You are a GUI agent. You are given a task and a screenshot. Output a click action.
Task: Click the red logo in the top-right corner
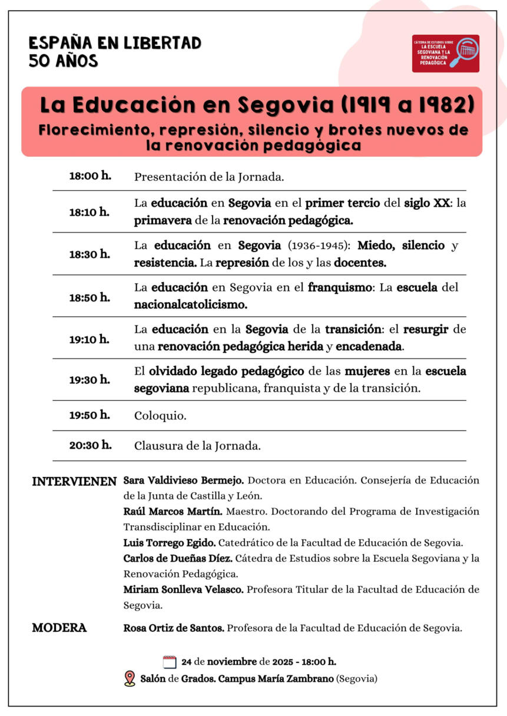445,54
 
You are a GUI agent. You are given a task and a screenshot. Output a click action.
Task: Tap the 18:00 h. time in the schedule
90,175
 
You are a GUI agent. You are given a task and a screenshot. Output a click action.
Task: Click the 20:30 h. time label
90,445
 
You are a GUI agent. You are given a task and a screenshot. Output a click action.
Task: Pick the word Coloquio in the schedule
160,416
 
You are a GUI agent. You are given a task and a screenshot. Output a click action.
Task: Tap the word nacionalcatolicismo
191,305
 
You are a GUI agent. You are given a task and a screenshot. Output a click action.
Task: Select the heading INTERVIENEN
74,481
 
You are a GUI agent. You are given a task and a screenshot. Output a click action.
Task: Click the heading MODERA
59,628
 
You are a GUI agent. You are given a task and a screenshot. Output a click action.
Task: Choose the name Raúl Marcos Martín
173,511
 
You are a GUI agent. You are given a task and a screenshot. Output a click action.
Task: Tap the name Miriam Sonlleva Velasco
183,589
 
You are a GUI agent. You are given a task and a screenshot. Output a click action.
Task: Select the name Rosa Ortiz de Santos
174,628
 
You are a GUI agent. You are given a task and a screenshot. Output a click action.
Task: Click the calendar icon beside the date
170,662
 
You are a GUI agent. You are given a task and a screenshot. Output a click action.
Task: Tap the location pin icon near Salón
130,679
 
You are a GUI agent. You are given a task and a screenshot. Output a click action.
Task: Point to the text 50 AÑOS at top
63,61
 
